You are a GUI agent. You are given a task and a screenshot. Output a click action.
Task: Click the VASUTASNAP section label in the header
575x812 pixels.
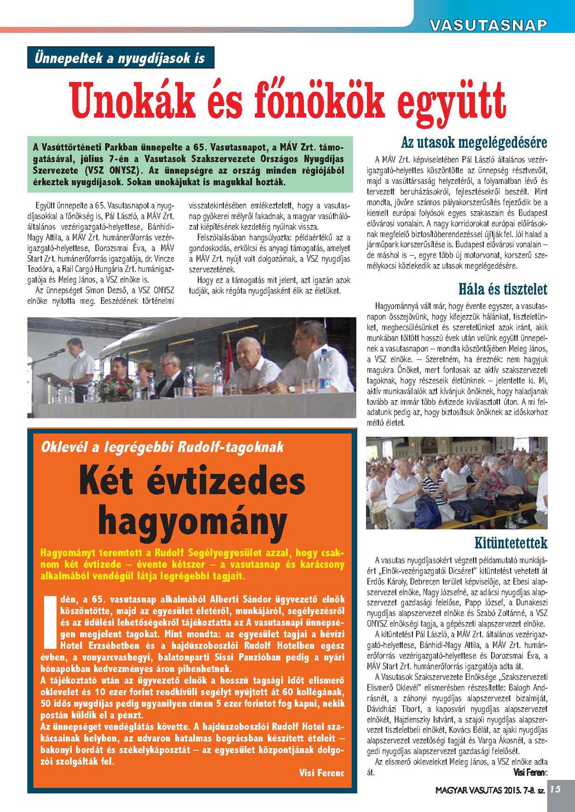488,25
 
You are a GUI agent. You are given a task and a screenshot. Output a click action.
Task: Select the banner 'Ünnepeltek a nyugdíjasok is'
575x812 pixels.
120,58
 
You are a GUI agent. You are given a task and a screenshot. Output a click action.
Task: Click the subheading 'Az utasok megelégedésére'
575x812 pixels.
474,142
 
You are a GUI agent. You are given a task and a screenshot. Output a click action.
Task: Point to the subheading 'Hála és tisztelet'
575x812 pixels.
503,289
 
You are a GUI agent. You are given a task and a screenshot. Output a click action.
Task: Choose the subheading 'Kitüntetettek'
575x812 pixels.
511,543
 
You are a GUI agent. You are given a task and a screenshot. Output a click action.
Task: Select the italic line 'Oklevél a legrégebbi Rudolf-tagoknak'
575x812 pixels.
162,447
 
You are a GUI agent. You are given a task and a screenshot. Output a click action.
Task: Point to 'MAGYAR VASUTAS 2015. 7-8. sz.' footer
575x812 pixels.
490,790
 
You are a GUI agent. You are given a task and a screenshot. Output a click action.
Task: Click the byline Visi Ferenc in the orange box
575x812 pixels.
321,773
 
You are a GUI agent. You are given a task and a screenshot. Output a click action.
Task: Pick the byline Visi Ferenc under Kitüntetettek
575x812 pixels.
530,772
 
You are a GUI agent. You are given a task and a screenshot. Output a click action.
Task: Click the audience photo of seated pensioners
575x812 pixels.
457,483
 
